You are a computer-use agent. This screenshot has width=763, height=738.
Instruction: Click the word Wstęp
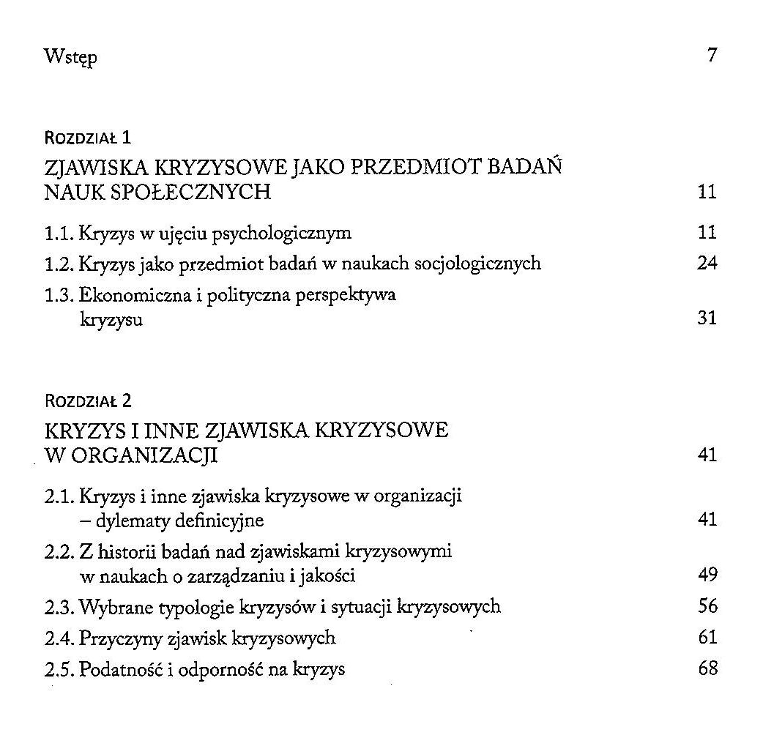tap(70, 57)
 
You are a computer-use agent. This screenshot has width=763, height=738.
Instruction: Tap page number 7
tap(711, 56)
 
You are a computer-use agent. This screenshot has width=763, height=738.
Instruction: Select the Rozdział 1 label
tap(87, 137)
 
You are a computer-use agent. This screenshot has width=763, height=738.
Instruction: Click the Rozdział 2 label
tap(87, 400)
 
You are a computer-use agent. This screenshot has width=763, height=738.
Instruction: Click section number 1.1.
tap(58, 234)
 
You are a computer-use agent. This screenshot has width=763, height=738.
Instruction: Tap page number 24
tap(707, 262)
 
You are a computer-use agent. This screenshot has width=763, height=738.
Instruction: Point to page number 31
tap(707, 318)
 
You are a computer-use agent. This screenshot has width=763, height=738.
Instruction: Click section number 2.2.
tap(58, 551)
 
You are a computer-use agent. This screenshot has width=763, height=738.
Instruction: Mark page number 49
tap(707, 575)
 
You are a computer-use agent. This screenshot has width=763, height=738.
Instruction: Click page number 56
tap(707, 606)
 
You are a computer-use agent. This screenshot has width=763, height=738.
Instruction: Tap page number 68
tap(707, 668)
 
